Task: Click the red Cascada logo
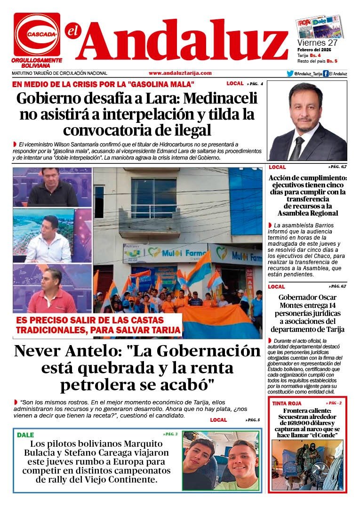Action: click(x=37, y=34)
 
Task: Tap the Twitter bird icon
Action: click(x=290, y=73)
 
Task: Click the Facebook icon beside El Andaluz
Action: click(x=326, y=73)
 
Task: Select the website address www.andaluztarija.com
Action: click(x=180, y=73)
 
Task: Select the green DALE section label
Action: click(x=25, y=435)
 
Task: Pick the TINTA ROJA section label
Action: click(x=287, y=403)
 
